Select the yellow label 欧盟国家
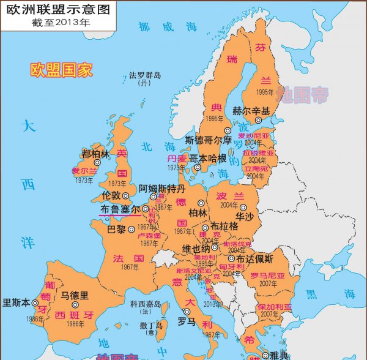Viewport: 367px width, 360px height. point(62,69)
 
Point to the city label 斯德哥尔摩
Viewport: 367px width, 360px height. point(209,140)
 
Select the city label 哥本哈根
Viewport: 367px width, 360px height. point(207,159)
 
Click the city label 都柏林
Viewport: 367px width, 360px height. point(95,153)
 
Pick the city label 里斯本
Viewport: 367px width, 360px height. point(17,302)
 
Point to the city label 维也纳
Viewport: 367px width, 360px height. point(196,249)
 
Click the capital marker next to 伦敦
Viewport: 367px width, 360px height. point(126,196)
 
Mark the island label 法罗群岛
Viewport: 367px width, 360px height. point(145,75)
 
